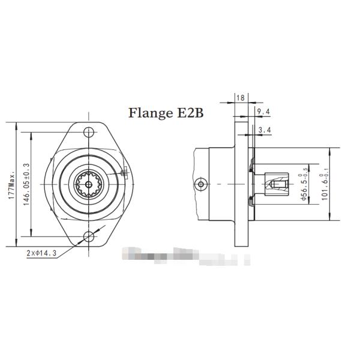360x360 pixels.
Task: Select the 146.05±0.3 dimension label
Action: point(26,184)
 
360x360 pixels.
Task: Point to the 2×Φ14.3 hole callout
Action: point(41,253)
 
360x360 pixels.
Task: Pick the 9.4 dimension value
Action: point(263,112)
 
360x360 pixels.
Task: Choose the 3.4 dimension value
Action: point(263,129)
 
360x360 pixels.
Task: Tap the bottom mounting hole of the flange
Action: point(89,236)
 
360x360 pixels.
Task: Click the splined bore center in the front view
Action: point(89,184)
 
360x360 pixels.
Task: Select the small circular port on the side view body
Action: point(201,182)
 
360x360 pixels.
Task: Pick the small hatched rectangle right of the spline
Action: point(124,174)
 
